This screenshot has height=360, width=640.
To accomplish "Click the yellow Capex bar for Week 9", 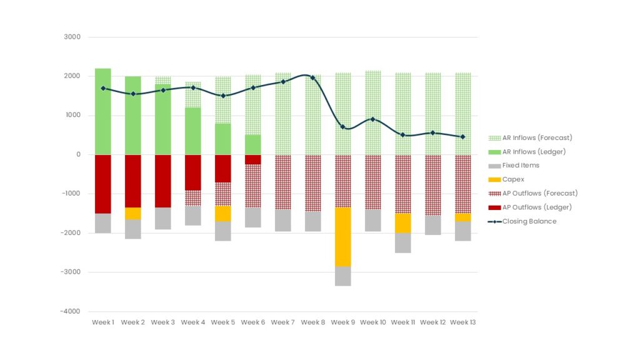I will (x=342, y=237).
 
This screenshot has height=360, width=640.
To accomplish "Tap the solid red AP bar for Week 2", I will (x=132, y=181).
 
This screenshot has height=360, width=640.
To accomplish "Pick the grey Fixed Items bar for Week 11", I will (x=402, y=242).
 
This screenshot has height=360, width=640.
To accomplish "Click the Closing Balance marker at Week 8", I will (x=312, y=78).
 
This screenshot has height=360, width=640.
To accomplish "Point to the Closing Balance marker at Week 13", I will (x=462, y=137).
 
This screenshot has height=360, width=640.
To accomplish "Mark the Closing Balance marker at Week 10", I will (x=372, y=119).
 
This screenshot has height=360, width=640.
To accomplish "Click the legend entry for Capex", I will (x=512, y=179).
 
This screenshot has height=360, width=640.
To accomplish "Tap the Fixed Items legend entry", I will (x=520, y=166).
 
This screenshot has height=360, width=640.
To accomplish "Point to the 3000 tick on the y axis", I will (x=72, y=37).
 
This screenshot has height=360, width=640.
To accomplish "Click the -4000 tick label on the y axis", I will (x=71, y=311).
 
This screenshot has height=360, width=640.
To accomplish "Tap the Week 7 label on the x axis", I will (x=283, y=322).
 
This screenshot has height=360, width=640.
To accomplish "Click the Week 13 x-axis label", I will (x=463, y=322).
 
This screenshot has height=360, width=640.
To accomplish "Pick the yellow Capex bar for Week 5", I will (x=222, y=214).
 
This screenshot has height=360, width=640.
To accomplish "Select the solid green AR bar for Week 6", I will (x=252, y=144).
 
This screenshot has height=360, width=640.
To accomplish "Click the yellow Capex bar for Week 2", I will (x=132, y=213).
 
